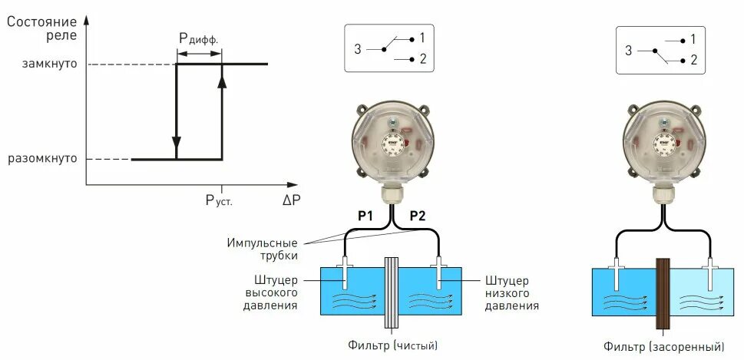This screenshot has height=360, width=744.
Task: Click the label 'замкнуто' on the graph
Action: coord(51,64)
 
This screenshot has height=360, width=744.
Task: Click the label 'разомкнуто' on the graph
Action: coord(43,160)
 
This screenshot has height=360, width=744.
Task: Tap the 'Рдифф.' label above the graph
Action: coord(199,39)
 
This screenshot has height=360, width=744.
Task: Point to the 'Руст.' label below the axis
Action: coord(219,200)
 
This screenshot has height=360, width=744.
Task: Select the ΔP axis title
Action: coord(291,200)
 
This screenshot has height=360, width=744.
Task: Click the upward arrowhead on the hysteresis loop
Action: coord(222,81)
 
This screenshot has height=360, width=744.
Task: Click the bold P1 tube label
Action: coord(365,216)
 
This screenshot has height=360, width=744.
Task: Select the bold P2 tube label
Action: coord(417,216)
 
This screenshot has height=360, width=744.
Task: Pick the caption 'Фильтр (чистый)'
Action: coord(395,345)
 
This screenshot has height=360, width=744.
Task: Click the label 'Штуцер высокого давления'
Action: coord(269,292)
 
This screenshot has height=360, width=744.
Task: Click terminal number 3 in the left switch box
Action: coord(358,49)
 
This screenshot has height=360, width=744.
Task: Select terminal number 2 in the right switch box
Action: coord(693,59)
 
